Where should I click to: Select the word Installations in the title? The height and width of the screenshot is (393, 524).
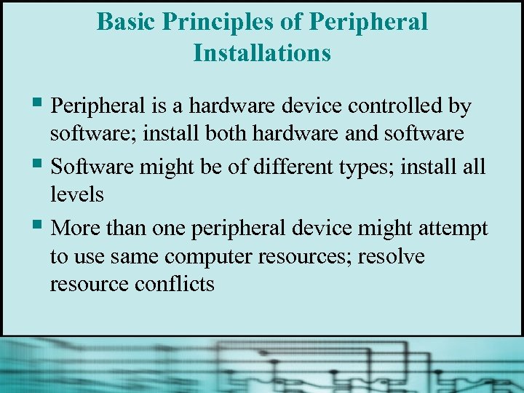[x=262, y=53]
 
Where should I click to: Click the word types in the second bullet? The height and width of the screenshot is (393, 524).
[x=360, y=167]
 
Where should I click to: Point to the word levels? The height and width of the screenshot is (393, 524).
[x=77, y=194]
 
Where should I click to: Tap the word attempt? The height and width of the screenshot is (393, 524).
[x=453, y=229]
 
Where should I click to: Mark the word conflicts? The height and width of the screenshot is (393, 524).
[x=175, y=283]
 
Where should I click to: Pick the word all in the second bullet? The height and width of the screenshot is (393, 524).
[x=474, y=167]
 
